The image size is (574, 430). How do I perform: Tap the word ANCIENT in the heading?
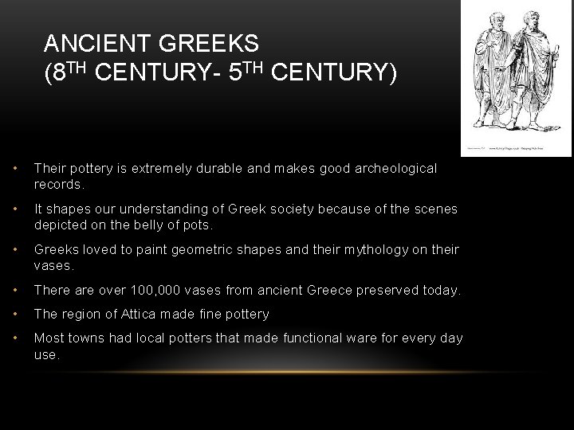(94, 41)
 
